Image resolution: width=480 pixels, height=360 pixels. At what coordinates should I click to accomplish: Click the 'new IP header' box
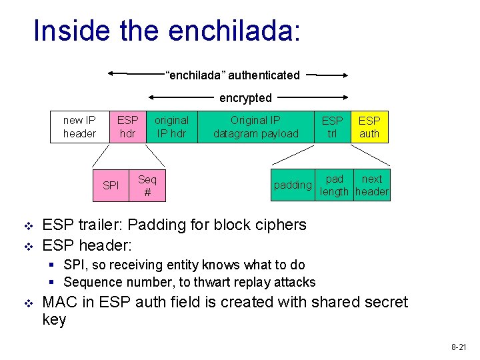pos(79,127)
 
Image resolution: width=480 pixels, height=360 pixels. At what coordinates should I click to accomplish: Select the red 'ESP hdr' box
pos(127,127)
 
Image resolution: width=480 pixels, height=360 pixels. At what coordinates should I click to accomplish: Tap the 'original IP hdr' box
pos(171,127)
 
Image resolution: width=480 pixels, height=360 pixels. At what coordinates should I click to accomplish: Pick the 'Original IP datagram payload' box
pos(256,127)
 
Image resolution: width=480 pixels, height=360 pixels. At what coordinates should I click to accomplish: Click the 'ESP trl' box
pos(332,127)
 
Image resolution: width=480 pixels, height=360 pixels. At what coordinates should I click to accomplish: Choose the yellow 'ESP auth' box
pos(369,127)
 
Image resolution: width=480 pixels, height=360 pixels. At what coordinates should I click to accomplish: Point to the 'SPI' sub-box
pos(111,185)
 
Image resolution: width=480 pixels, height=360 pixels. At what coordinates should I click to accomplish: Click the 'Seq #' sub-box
pos(147,185)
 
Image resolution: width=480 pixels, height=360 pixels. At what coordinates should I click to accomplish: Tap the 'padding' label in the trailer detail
pos(293,185)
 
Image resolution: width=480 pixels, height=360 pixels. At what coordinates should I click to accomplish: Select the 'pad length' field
pos(335,185)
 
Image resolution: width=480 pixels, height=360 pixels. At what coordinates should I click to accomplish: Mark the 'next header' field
pos(371,185)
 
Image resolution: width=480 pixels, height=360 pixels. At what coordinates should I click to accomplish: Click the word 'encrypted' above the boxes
pos(245,98)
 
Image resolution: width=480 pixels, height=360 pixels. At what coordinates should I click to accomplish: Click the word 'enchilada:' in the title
pos(235,31)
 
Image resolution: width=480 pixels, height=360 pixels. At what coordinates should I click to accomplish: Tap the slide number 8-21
pos(459,347)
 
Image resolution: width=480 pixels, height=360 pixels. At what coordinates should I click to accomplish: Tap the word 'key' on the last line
pos(54,320)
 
